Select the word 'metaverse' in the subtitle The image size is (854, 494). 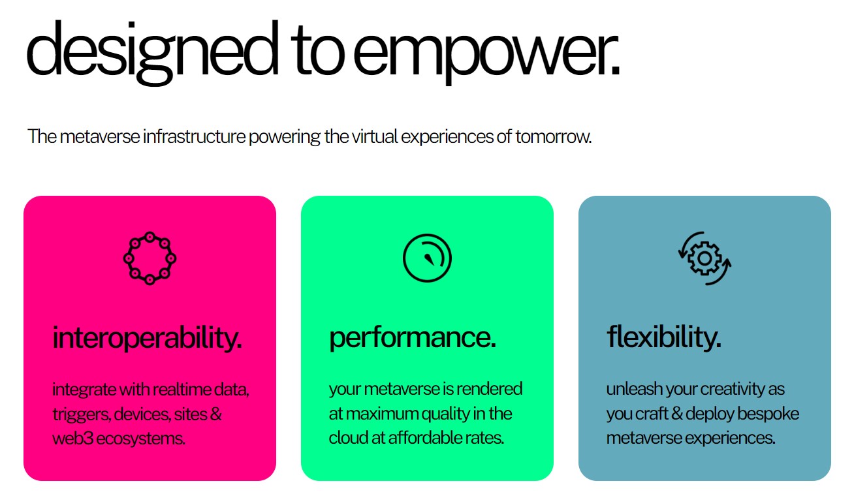(100, 136)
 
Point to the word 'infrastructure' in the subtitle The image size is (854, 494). (195, 136)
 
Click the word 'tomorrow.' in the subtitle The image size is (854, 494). (554, 136)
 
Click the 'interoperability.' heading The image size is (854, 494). (147, 338)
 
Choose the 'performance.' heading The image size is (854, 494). (413, 338)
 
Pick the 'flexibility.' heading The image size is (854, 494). (664, 337)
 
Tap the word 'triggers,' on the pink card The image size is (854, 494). (82, 414)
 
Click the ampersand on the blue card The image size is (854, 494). (676, 414)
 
